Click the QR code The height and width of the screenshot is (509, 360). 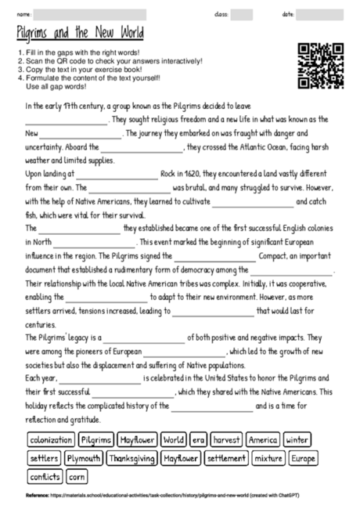(x=321, y=66)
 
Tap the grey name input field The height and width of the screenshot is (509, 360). (x=88, y=14)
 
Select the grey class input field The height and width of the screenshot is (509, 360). (x=242, y=14)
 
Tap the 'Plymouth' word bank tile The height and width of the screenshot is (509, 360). (x=83, y=457)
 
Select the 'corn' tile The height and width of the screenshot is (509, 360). (x=77, y=475)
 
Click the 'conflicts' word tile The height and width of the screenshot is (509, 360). (x=45, y=475)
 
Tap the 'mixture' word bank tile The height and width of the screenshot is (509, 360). (x=268, y=457)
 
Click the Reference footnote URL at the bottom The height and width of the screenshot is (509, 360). (x=156, y=495)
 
